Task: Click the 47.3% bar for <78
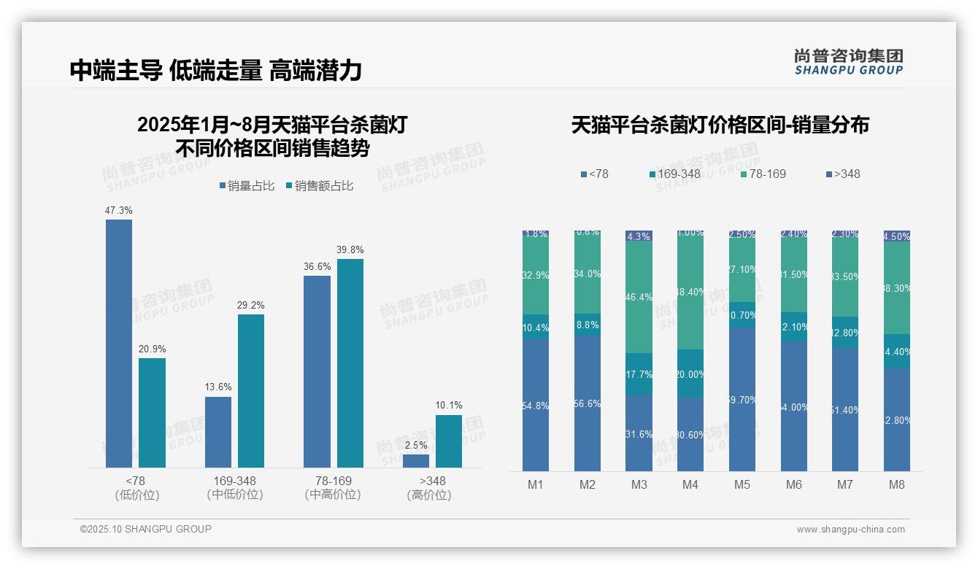pyautogui.click(x=119, y=343)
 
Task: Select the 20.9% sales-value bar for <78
pyautogui.click(x=152, y=412)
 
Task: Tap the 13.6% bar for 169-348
pyautogui.click(x=218, y=432)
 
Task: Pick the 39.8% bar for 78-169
pyautogui.click(x=350, y=363)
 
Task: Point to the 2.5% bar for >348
pyautogui.click(x=416, y=460)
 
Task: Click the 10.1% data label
pyautogui.click(x=449, y=406)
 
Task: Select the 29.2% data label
pyautogui.click(x=251, y=305)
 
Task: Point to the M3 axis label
pyautogui.click(x=639, y=484)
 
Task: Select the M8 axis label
pyautogui.click(x=897, y=484)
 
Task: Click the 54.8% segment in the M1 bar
pyautogui.click(x=536, y=405)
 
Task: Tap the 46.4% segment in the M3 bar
pyautogui.click(x=639, y=297)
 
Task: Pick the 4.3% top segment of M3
pyautogui.click(x=639, y=236)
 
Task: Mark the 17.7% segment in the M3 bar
pyautogui.click(x=639, y=374)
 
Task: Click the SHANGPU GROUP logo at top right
pyautogui.click(x=849, y=62)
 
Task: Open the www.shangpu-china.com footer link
pyautogui.click(x=850, y=530)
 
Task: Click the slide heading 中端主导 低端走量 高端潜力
pyautogui.click(x=216, y=70)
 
